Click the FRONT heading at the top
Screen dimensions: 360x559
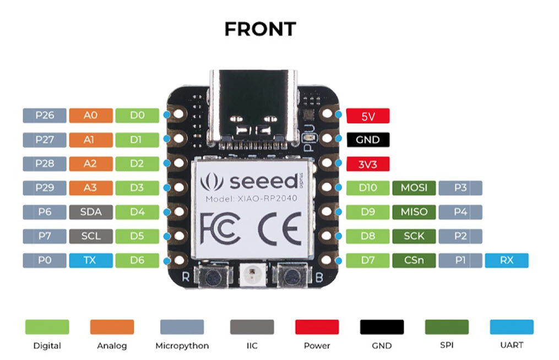[x=260, y=29]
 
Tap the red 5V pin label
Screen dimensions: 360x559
[x=367, y=116]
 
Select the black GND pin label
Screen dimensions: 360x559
[x=367, y=140]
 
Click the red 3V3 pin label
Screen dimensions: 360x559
[x=367, y=164]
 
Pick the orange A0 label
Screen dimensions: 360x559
[x=91, y=116]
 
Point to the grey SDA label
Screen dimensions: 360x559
[x=91, y=212]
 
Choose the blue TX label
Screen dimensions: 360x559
[x=91, y=260]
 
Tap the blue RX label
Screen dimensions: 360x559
[x=506, y=260]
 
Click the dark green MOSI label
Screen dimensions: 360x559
[x=414, y=188]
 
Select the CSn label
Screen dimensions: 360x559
[x=414, y=260]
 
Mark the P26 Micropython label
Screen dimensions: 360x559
[x=45, y=116]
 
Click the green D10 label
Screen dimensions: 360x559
[x=367, y=188]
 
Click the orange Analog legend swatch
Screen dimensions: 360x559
[x=112, y=327]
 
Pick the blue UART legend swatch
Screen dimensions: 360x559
[x=512, y=327]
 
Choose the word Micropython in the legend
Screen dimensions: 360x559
[x=182, y=346]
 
